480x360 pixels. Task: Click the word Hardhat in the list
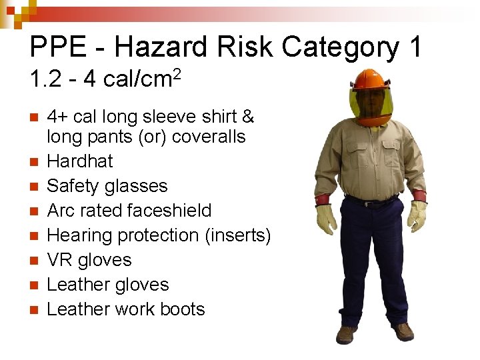coord(80,161)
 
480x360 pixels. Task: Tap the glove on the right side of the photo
coord(417,215)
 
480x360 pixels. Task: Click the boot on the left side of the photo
coord(347,333)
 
